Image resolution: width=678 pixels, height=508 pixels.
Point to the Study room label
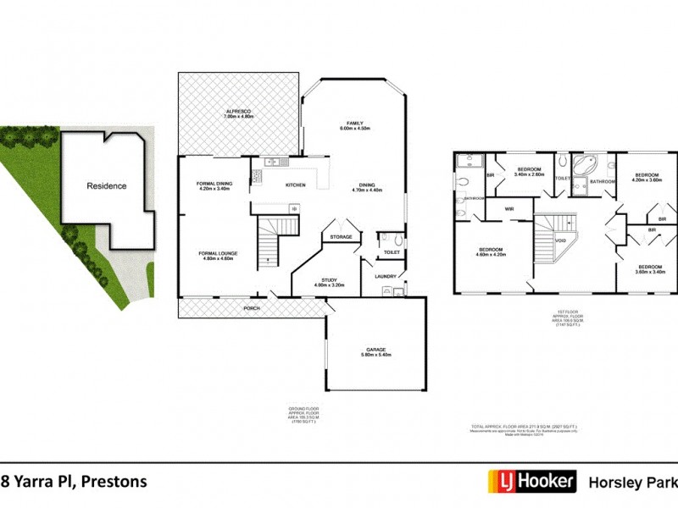pyautogui.click(x=331, y=282)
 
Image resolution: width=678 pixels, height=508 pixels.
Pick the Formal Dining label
pyautogui.click(x=214, y=185)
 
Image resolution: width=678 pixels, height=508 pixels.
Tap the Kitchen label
pyautogui.click(x=295, y=184)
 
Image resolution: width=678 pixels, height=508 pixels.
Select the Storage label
pyautogui.click(x=341, y=237)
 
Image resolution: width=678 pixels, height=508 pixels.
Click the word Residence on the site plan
pyautogui.click(x=106, y=185)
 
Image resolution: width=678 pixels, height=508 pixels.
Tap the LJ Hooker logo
pyautogui.click(x=531, y=482)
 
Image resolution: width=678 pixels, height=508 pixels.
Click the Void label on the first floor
pyautogui.click(x=560, y=240)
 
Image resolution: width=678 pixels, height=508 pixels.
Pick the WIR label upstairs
pyautogui.click(x=510, y=208)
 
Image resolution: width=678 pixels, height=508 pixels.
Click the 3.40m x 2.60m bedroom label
pyautogui.click(x=530, y=171)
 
